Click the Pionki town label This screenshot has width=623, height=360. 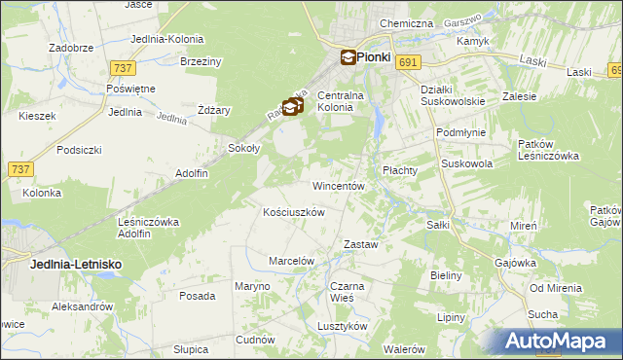tap(374, 57)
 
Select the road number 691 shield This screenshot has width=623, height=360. tap(408, 62)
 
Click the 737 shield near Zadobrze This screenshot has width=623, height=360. tap(123, 67)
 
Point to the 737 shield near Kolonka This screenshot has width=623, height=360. tap(19, 168)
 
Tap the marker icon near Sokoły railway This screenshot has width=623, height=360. tap(291, 107)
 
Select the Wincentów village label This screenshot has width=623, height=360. tap(338, 185)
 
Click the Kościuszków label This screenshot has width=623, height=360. tap(293, 211)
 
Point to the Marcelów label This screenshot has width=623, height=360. tap(291, 261)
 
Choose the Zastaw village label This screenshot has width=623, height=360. tap(360, 244)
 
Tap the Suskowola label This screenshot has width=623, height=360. tap(466, 164)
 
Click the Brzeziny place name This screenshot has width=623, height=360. tap(202, 61)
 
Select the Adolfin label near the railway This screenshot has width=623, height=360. tap(191, 173)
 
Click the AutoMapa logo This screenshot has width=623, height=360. tap(561, 342)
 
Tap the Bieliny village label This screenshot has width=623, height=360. tap(446, 275)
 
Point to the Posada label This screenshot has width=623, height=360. tap(197, 296)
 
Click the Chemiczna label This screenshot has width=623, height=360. tap(406, 22)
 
